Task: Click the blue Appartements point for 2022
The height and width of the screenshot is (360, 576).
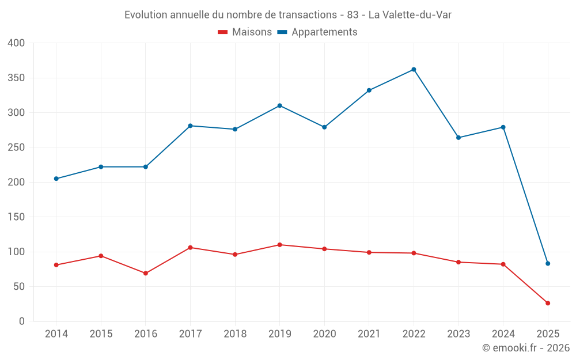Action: [414, 70]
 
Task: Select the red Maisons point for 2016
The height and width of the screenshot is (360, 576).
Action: [146, 273]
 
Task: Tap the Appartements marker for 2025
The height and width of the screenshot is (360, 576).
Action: [548, 263]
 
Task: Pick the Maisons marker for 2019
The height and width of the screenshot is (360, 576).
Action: [280, 245]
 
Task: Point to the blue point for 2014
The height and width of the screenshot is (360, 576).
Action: [56, 179]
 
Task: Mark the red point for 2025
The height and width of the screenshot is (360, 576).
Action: [548, 303]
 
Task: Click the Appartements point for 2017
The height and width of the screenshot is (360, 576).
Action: [190, 126]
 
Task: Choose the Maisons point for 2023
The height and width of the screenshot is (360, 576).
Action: [458, 262]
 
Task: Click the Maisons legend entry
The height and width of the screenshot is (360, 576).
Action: [245, 32]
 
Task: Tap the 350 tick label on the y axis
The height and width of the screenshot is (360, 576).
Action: [17, 78]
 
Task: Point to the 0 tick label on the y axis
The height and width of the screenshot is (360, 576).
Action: [22, 321]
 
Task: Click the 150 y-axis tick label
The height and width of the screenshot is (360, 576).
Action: [17, 217]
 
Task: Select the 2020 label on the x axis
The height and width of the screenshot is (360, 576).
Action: [324, 334]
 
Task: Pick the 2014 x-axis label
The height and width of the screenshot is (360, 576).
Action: [56, 334]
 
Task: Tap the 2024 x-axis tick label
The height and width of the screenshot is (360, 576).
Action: [503, 334]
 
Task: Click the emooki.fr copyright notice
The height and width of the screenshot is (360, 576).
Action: [525, 348]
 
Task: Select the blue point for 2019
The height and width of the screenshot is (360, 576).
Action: [280, 105]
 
